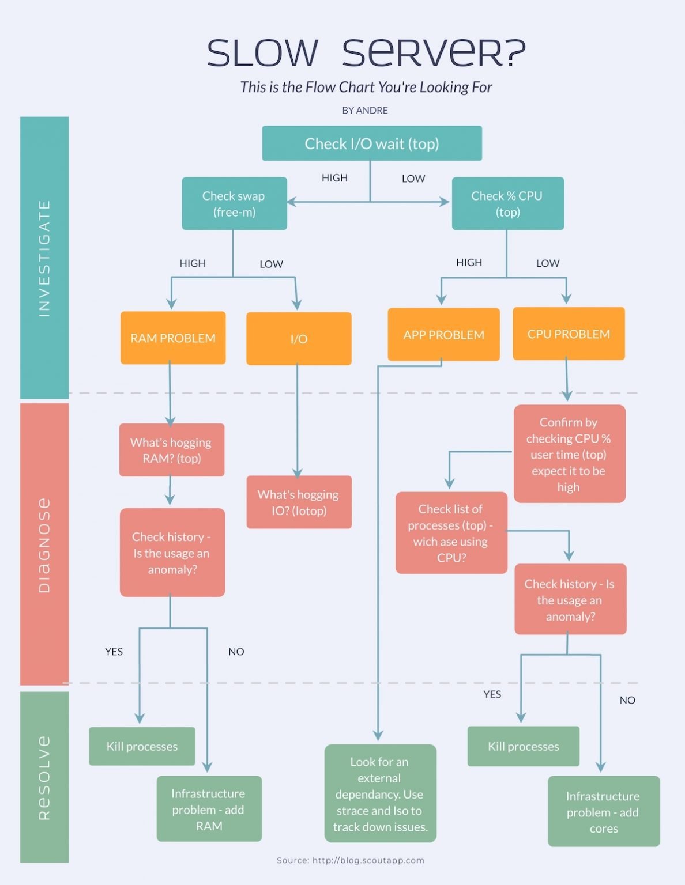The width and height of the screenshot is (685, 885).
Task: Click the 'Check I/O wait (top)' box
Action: click(x=372, y=143)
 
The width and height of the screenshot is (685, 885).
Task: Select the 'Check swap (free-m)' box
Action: click(x=234, y=204)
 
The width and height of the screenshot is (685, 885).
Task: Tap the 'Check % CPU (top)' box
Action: click(x=507, y=204)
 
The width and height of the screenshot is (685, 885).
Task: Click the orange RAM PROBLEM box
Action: click(x=173, y=338)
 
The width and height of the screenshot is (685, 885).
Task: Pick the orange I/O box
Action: click(x=299, y=339)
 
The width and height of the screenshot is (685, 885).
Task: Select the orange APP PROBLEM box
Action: click(x=443, y=335)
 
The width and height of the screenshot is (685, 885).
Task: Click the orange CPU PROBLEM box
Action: click(x=569, y=334)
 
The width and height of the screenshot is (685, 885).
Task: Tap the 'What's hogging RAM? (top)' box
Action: click(x=172, y=450)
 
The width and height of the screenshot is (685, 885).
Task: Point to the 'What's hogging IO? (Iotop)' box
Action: click(x=299, y=502)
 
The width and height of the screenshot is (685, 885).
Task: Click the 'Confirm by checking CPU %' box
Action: click(x=569, y=454)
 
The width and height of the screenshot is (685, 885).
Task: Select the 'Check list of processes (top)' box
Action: click(x=451, y=533)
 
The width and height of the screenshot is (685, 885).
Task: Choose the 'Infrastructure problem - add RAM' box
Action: click(x=209, y=809)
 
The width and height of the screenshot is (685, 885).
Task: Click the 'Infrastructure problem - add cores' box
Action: click(x=603, y=812)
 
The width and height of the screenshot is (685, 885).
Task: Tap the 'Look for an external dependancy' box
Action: click(x=380, y=793)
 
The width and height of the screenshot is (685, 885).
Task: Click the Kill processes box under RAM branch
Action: click(x=142, y=746)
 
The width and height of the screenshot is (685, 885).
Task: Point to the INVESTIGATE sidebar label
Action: click(x=44, y=258)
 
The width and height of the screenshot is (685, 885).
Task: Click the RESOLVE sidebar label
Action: click(x=44, y=777)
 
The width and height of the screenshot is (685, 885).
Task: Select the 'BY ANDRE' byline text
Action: click(x=365, y=110)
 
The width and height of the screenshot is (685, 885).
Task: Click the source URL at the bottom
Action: click(x=351, y=860)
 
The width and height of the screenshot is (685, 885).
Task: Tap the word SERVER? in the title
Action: click(x=434, y=53)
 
